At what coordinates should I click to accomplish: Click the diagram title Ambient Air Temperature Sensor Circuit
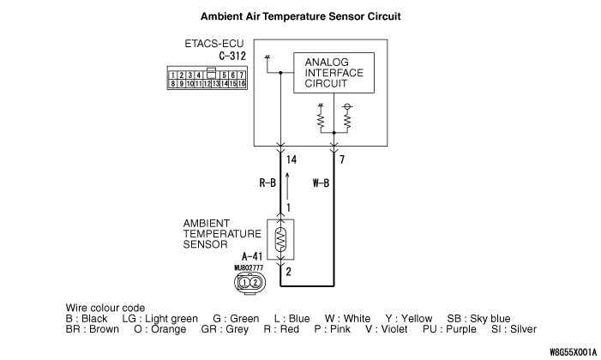pos(300,16)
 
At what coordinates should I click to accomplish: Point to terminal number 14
pos(293,159)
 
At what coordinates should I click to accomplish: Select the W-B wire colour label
pos(320,183)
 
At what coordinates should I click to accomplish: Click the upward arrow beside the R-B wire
pos(288,182)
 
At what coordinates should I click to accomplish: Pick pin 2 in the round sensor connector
pos(255,282)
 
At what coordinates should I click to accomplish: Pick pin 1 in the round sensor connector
pos(244,282)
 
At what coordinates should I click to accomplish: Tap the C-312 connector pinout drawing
pos(207,80)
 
